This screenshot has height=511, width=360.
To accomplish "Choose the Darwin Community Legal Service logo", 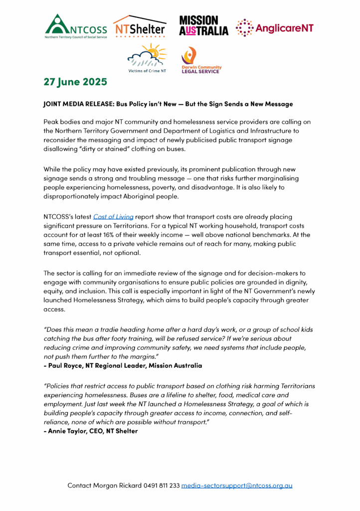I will [x=200, y=60].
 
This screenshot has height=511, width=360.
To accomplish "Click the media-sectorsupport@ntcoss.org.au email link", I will [x=237, y=485].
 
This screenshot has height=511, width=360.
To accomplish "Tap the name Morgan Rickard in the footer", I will [x=115, y=485].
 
